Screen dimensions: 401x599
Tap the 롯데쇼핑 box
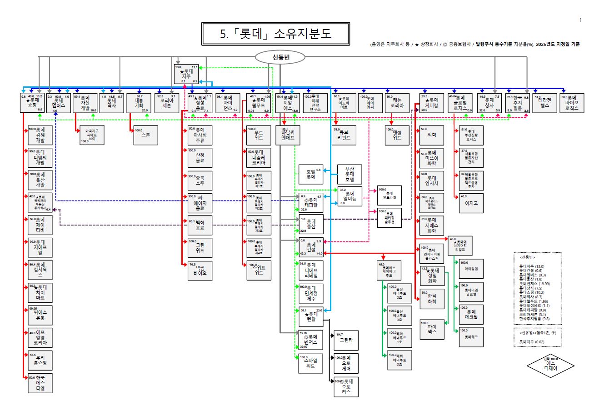click(31, 102)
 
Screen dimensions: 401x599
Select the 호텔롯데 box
click(310, 174)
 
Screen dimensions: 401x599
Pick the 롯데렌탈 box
click(311, 316)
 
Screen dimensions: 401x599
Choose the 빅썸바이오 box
click(200, 270)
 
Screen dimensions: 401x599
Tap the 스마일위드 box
click(311, 363)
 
